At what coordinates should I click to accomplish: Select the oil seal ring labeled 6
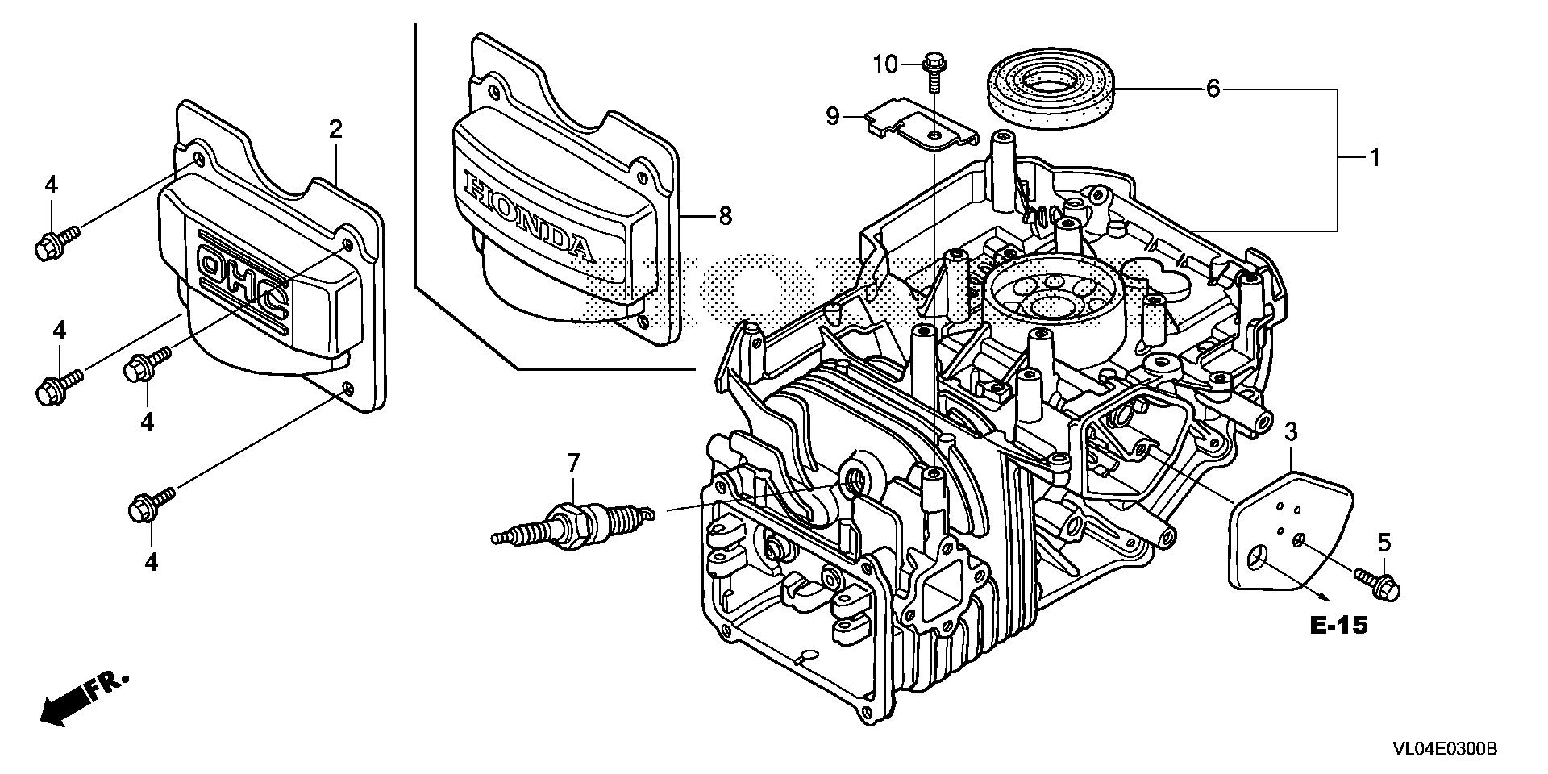[1051, 89]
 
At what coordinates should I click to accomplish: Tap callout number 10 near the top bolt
[885, 64]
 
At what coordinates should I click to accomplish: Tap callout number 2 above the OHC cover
[335, 128]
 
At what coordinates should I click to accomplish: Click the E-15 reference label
[1338, 626]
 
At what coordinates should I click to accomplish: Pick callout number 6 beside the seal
[1213, 88]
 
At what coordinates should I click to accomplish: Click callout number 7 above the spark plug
[572, 463]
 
